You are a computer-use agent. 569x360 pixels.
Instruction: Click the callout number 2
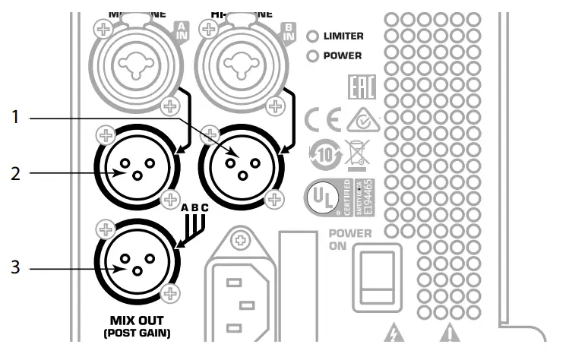(16, 173)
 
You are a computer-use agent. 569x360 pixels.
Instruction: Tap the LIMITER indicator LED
(311, 36)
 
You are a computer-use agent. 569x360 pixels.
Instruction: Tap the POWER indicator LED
(311, 55)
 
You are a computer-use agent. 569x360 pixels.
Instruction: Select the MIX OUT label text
(137, 320)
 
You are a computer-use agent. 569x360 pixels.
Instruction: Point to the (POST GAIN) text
(137, 333)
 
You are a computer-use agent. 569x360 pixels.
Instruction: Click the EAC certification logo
(356, 87)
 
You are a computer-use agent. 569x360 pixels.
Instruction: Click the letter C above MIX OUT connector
(204, 207)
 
